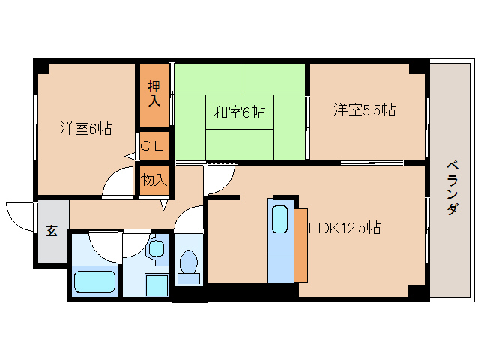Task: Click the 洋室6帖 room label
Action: tap(85, 128)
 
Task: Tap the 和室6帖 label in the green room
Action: tap(239, 112)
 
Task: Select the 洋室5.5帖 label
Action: tap(365, 109)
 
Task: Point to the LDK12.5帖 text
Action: tap(345, 227)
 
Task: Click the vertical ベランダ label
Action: tap(453, 188)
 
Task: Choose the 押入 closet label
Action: tap(154, 94)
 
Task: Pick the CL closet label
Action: tap(152, 147)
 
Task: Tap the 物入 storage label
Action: tap(154, 180)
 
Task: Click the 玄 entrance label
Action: tap(52, 231)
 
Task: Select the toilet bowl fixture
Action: tap(189, 262)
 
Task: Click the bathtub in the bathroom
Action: tap(95, 281)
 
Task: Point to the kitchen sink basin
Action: tap(279, 219)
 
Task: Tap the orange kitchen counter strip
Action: tap(301, 245)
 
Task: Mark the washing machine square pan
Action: tap(157, 285)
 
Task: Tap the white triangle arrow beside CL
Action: tap(130, 157)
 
